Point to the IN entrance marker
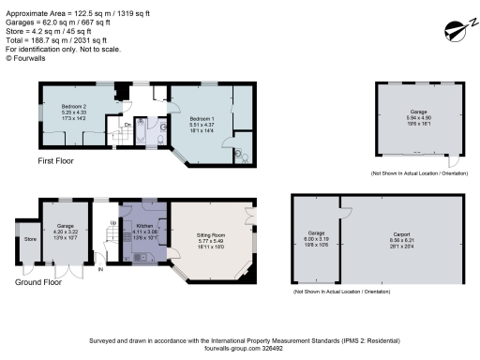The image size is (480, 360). point(101,274)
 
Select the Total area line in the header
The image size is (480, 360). point(48,41)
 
